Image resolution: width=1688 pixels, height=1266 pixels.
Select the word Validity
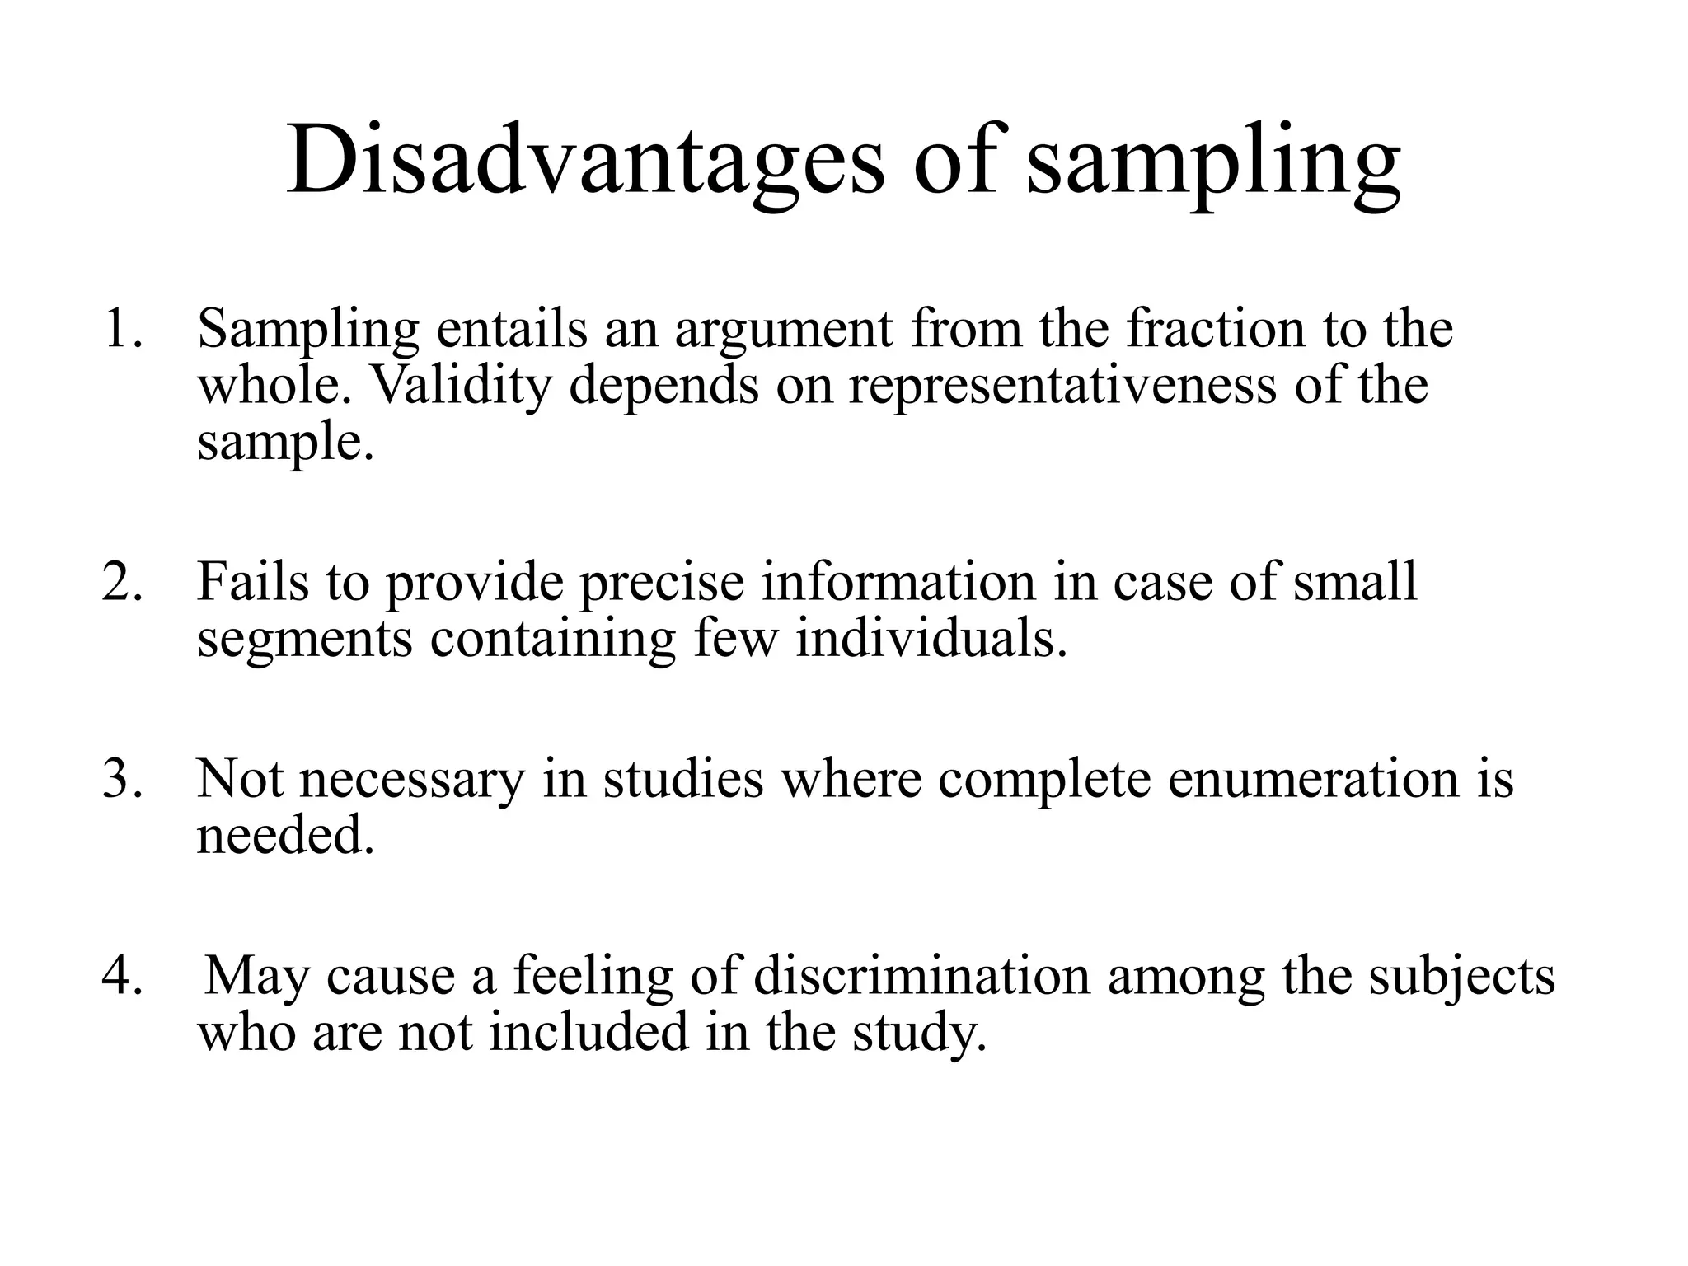click(462, 385)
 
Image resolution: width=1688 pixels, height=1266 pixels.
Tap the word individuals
click(931, 639)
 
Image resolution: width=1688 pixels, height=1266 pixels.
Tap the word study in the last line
click(919, 1033)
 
